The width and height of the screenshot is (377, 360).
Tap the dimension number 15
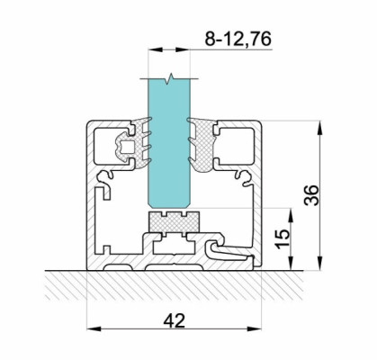click(283, 238)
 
